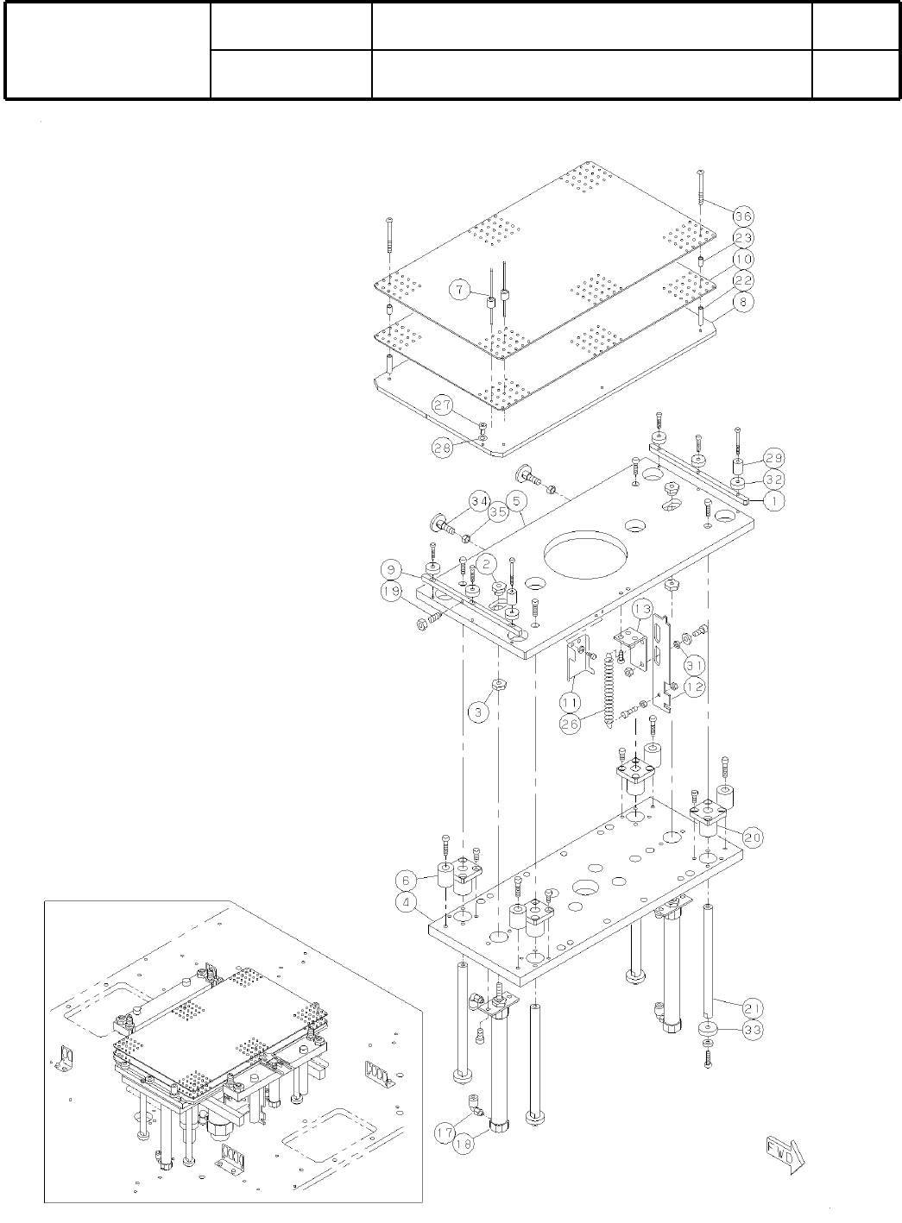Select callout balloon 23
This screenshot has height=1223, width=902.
(744, 238)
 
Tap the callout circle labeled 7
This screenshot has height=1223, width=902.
(461, 292)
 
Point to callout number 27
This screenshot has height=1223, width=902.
(443, 405)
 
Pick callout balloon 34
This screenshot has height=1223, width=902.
(481, 500)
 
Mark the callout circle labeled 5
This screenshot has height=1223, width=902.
(516, 500)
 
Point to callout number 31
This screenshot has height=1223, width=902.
(695, 666)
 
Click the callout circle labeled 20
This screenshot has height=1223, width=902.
(752, 837)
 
